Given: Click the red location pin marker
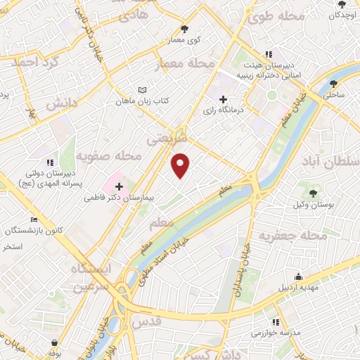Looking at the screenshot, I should point(181,165).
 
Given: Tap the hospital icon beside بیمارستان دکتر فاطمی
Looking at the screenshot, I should point(118,187).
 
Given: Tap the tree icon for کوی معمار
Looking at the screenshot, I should point(185,29).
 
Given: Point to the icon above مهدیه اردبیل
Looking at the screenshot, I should point(299,276).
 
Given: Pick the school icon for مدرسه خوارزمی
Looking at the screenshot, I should point(283,320).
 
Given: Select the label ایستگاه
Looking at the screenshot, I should point(91,269).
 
